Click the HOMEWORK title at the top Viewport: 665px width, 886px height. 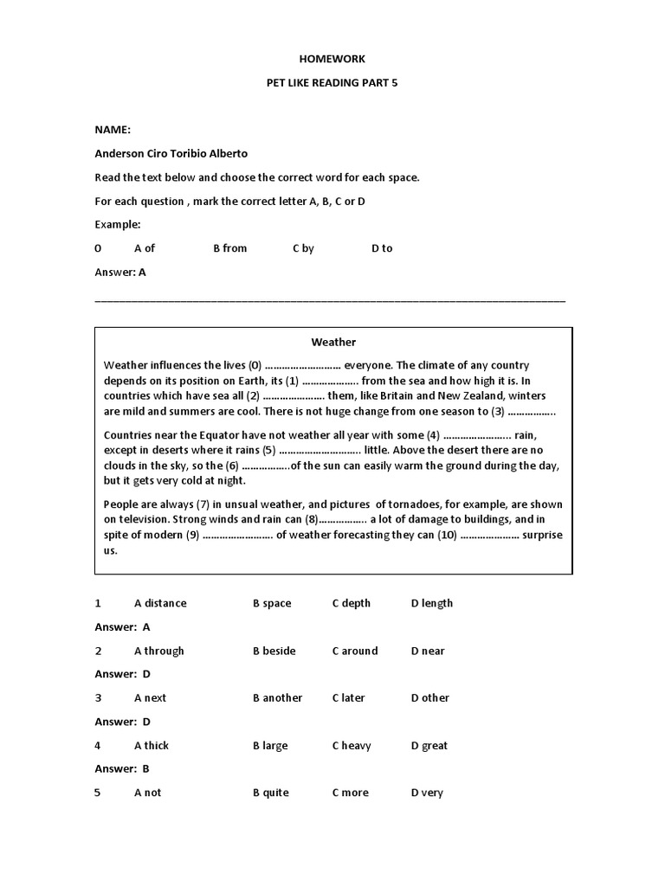click(x=332, y=59)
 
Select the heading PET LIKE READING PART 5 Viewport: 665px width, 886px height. click(x=332, y=83)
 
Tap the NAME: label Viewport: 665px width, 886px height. click(x=113, y=130)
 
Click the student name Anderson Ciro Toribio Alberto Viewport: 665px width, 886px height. click(x=171, y=153)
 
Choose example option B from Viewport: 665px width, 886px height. click(x=229, y=248)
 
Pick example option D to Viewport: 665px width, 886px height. click(x=382, y=248)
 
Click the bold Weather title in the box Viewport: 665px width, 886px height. click(x=333, y=343)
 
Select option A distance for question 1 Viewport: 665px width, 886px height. click(x=160, y=603)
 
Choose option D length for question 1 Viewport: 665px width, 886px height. click(x=431, y=603)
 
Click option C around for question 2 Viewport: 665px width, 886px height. click(x=354, y=651)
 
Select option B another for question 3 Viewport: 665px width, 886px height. click(x=277, y=698)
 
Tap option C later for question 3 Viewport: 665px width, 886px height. click(x=348, y=698)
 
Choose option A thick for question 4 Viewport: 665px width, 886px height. click(x=152, y=746)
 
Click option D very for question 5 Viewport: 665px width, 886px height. click(x=427, y=793)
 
